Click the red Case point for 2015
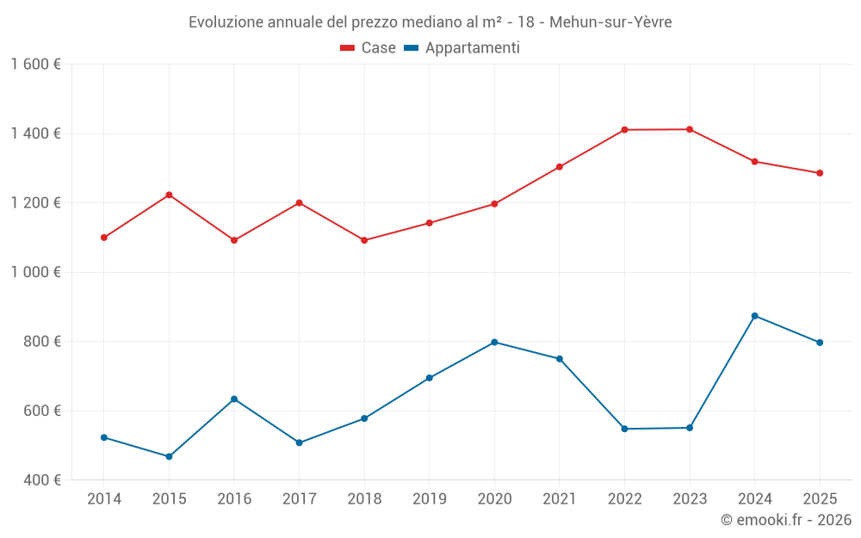[x=169, y=195]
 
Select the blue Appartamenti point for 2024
[x=755, y=316]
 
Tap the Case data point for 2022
[x=624, y=130]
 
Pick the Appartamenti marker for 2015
[x=169, y=456]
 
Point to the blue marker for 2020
[x=494, y=343]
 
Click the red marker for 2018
[x=364, y=240]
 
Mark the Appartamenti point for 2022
[x=624, y=429]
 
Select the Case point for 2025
[x=820, y=173]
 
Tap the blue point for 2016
[x=234, y=399]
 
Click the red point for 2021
[x=560, y=167]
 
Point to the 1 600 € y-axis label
[x=35, y=65]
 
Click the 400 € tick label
[x=41, y=479]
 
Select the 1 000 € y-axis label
[x=35, y=272]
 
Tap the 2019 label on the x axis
[x=430, y=499]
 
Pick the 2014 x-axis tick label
[x=104, y=499]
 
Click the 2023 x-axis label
[x=690, y=499]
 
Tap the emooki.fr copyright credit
[x=786, y=520]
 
